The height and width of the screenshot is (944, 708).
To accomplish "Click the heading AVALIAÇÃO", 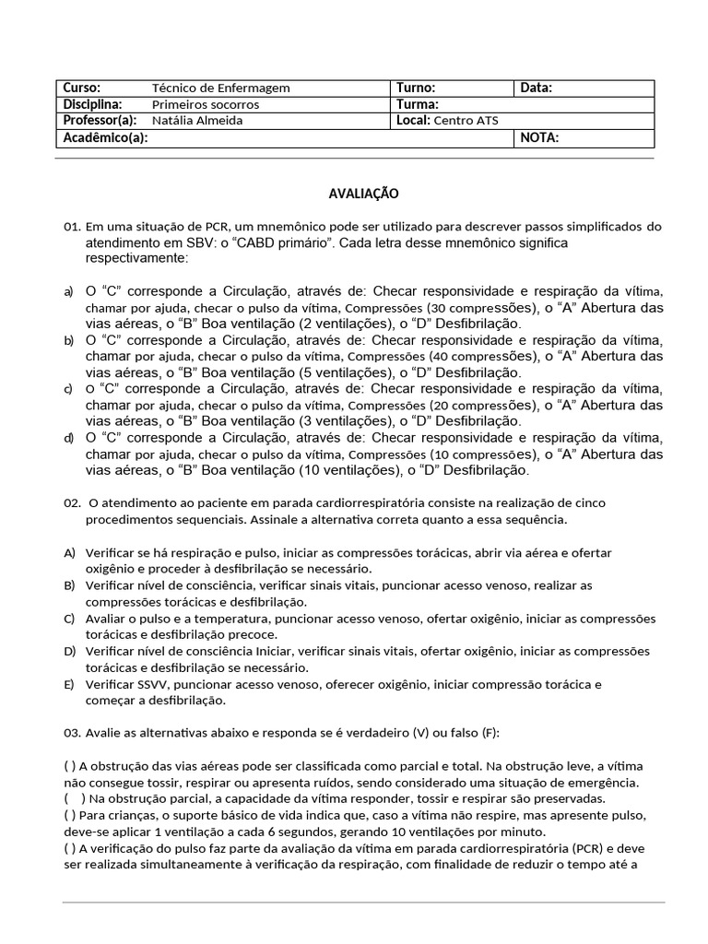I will pyautogui.click(x=363, y=194).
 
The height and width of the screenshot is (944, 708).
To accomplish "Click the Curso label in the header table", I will pyautogui.click(x=81, y=88).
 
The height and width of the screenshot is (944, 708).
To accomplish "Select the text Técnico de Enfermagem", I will pyautogui.click(x=220, y=88).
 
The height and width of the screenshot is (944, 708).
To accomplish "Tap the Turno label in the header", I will pyautogui.click(x=417, y=88).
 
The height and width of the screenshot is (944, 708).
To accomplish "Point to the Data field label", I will pyautogui.click(x=537, y=88).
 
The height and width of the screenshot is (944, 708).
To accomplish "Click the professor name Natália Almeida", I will pyautogui.click(x=197, y=121).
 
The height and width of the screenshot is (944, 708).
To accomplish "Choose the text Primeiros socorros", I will pyautogui.click(x=206, y=105).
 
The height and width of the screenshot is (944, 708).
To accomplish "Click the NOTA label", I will pyautogui.click(x=539, y=138).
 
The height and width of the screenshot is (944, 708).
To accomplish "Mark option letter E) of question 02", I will pyautogui.click(x=69, y=685).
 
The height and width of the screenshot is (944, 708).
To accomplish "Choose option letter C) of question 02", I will pyautogui.click(x=69, y=619).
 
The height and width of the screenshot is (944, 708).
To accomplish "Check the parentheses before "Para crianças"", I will pyautogui.click(x=70, y=815).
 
